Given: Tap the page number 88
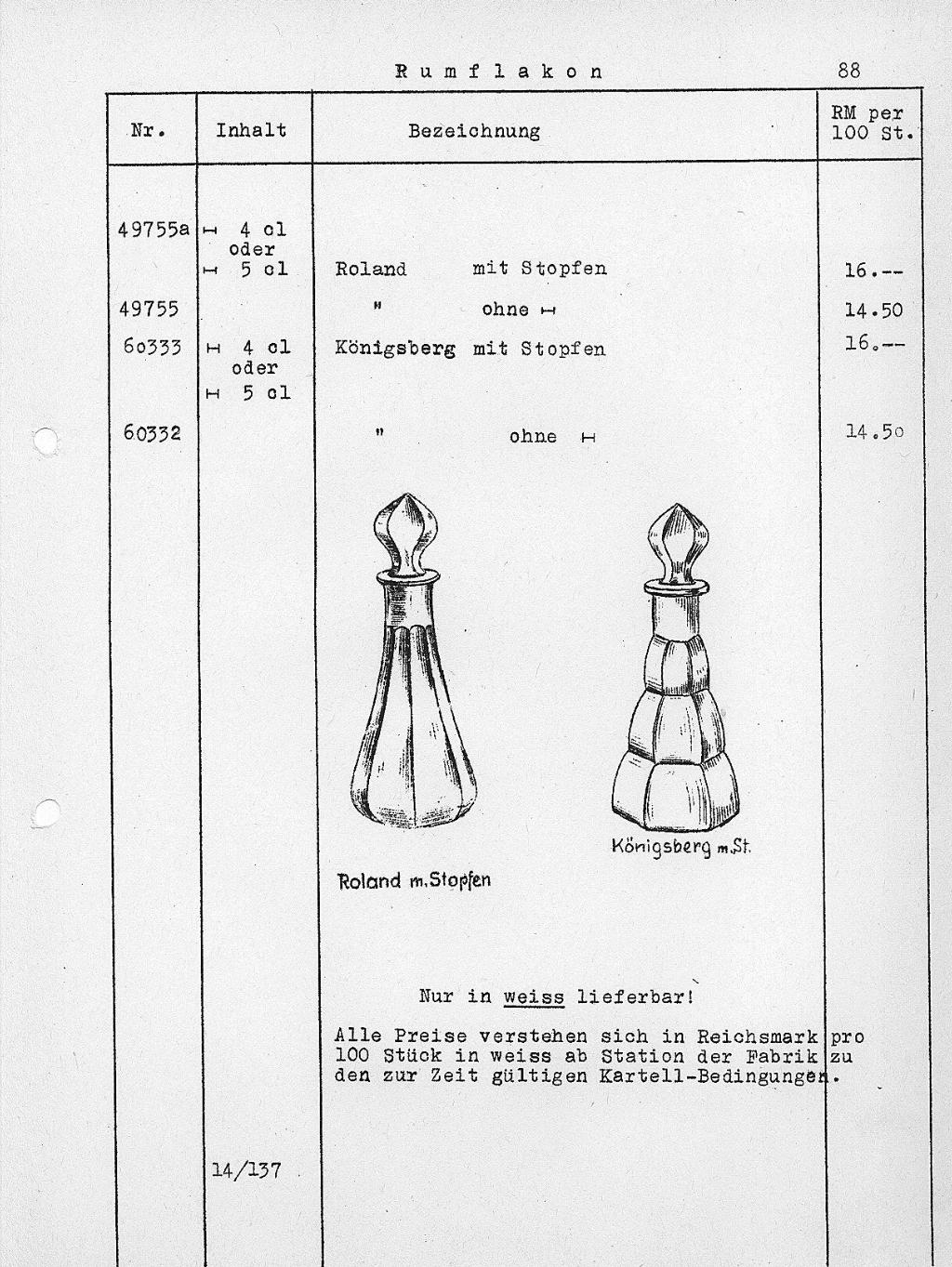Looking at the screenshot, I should (x=848, y=70).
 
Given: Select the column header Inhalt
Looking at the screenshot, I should (x=251, y=130).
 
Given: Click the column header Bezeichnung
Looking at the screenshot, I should (x=474, y=131).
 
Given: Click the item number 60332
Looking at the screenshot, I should (x=152, y=432).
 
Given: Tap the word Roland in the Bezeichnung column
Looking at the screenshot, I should (x=370, y=270).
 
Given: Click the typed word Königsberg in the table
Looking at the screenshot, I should (x=395, y=349).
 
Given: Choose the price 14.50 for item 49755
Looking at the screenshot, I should (x=873, y=310).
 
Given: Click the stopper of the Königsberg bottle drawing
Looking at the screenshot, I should (x=679, y=544).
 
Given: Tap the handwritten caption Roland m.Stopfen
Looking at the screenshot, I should (x=414, y=880).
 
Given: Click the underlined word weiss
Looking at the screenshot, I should (x=534, y=997).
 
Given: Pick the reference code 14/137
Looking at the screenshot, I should (x=246, y=1169).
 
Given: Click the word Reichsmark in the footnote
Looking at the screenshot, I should (x=757, y=1036).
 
